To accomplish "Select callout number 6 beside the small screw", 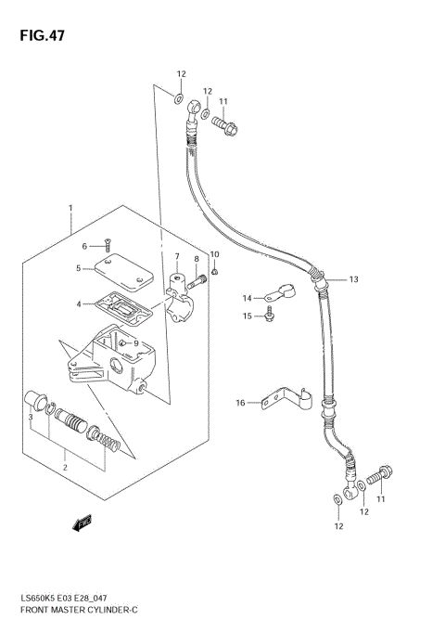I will (83, 246).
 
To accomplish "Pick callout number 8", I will (196, 259).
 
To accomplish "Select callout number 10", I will (214, 254).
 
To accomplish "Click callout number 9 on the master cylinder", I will (135, 343).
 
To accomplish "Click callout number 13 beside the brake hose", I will (352, 278).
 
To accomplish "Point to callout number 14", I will (248, 298).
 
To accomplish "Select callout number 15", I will (248, 317).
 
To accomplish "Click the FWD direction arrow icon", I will (82, 525).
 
